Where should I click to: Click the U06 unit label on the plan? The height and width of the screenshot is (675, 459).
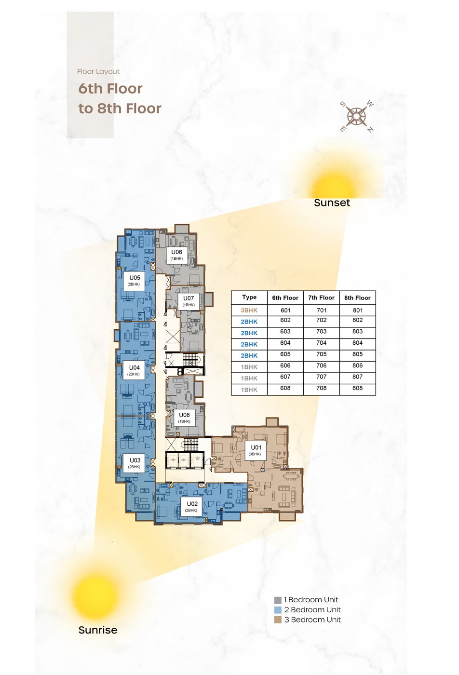click(x=176, y=255)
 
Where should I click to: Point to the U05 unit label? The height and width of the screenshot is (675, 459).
click(x=135, y=280)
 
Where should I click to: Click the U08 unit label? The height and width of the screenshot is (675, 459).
click(x=184, y=418)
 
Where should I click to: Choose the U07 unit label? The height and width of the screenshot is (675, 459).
click(x=189, y=301)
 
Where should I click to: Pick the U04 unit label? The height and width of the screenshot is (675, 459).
click(x=134, y=370)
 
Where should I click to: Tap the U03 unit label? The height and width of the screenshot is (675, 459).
click(x=135, y=463)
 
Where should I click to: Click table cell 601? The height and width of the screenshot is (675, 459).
click(x=285, y=310)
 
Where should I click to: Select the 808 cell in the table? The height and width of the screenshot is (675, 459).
click(x=357, y=388)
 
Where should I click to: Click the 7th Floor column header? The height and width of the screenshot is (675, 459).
click(x=321, y=298)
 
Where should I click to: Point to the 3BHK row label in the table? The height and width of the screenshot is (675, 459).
click(x=249, y=310)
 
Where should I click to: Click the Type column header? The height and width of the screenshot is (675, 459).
click(x=249, y=297)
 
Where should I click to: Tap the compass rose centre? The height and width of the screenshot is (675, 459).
click(x=356, y=116)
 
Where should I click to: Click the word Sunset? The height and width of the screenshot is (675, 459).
click(x=332, y=202)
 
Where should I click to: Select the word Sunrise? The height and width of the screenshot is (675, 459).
click(x=98, y=630)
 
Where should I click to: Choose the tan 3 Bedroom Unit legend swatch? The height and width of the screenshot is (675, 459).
click(x=278, y=620)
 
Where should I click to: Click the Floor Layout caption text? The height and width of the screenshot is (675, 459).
click(x=98, y=72)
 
